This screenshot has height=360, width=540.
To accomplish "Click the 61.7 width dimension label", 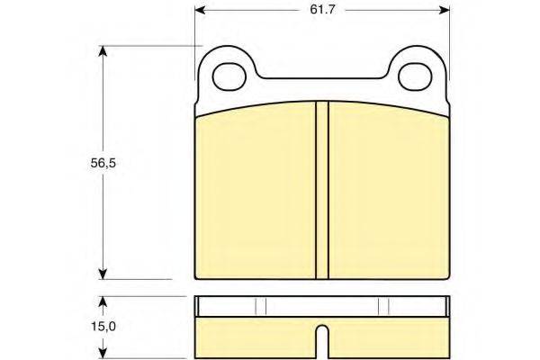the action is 322,10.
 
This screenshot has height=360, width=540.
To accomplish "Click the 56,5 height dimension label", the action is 103,163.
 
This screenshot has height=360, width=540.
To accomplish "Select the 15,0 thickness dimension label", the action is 103,326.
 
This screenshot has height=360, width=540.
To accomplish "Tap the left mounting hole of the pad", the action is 229,76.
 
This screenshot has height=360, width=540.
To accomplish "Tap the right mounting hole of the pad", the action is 415,76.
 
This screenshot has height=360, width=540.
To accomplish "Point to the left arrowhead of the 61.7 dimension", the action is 200,10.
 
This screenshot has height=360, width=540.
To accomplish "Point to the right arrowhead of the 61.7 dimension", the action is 445,10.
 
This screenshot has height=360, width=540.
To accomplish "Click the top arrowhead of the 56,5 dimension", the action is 103,51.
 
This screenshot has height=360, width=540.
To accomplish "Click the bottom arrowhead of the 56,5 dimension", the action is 103,274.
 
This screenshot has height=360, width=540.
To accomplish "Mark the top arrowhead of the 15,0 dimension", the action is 103,301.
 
